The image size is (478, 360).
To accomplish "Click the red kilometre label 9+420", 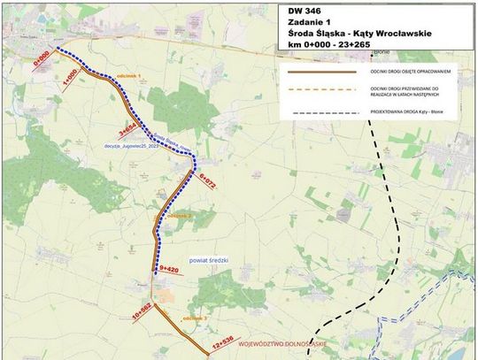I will click(169, 269).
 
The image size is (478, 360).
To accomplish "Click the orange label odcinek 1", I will click(129, 77).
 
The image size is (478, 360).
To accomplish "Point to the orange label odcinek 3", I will click(193, 317).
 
